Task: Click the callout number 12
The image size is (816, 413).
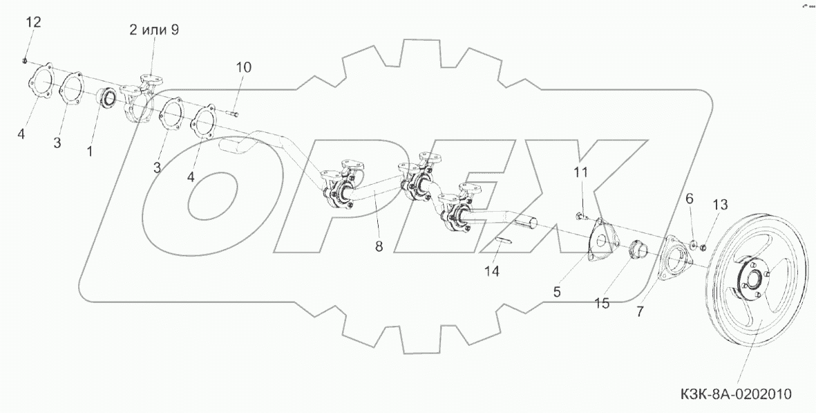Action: point(33,23)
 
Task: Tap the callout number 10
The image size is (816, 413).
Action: point(243,67)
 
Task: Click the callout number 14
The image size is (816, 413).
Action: point(491,271)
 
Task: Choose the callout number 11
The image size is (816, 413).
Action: point(580,172)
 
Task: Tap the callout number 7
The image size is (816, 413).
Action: point(640,311)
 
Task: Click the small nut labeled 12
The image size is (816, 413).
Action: point(25,61)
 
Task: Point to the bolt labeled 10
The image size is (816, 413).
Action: point(234,113)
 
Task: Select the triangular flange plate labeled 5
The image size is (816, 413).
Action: point(600,240)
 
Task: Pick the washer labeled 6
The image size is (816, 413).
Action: point(694,244)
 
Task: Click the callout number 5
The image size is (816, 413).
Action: point(557,292)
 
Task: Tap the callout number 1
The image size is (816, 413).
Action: point(89,149)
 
